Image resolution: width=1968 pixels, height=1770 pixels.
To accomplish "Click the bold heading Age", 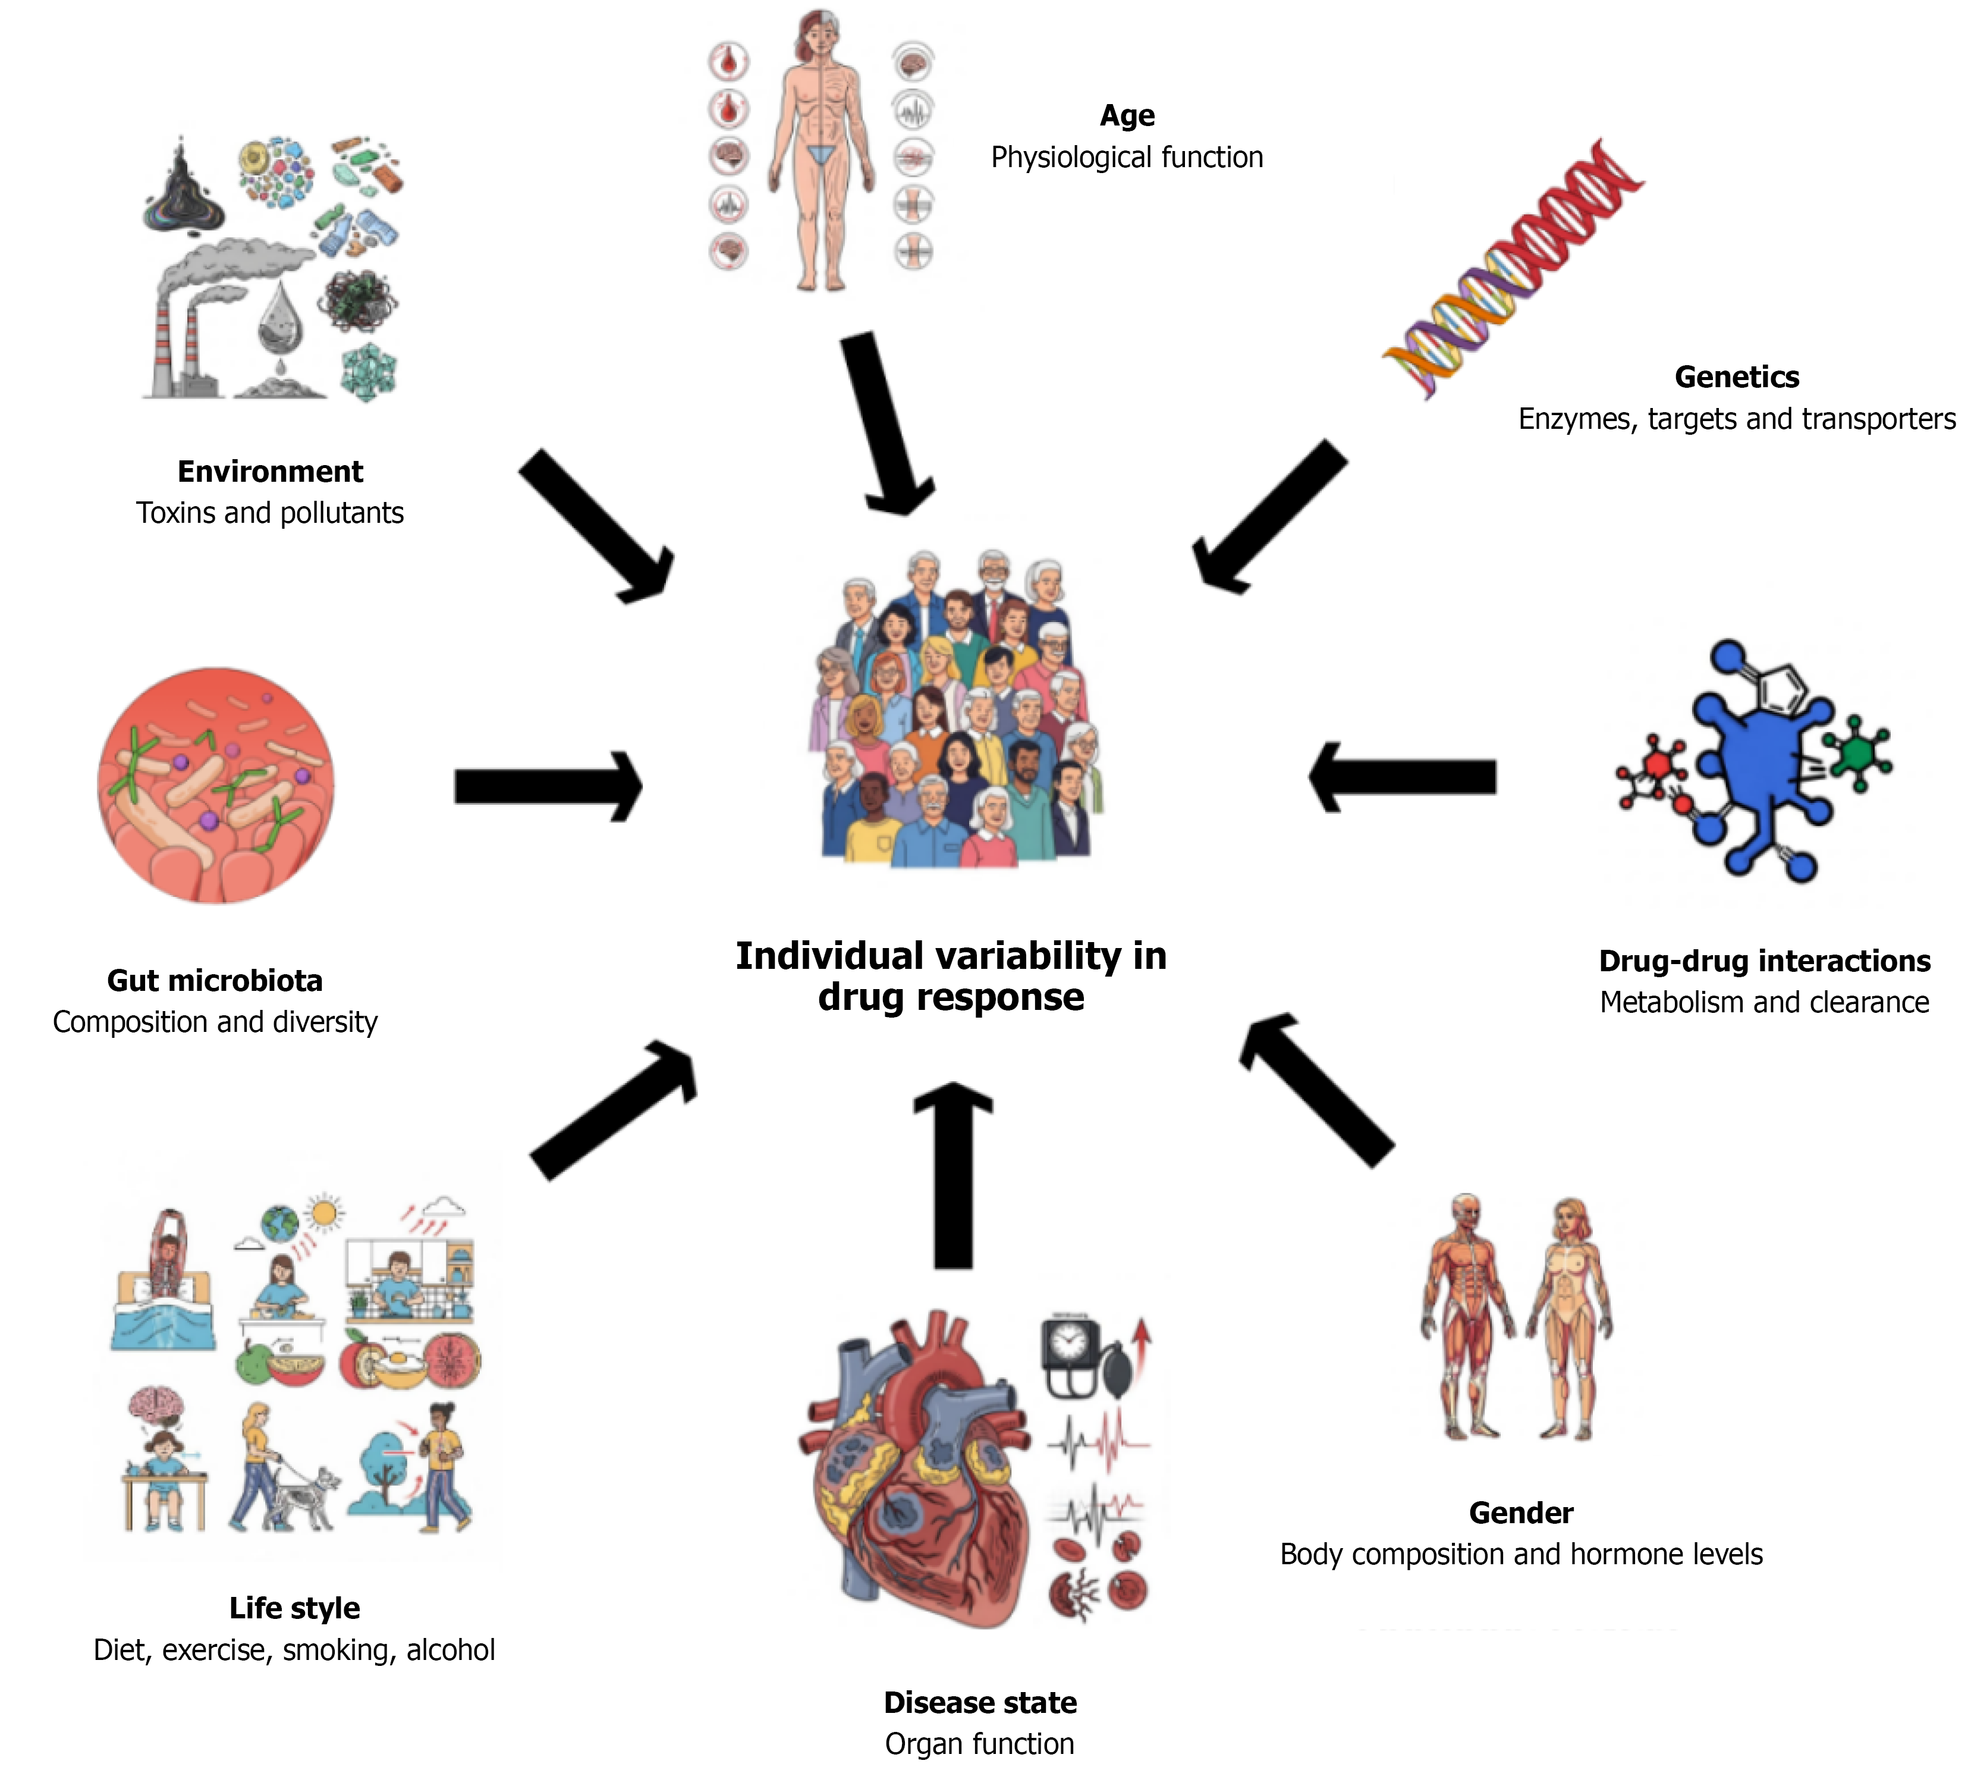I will click(x=1127, y=116).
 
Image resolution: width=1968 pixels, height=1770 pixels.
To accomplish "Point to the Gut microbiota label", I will click(x=215, y=980).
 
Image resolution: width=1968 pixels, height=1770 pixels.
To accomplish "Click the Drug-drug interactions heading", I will click(x=1764, y=961).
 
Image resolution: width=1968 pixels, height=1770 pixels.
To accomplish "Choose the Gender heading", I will click(x=1521, y=1513).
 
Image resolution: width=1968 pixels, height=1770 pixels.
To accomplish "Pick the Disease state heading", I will click(x=980, y=1703).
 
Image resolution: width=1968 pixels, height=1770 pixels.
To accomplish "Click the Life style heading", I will click(x=295, y=1609).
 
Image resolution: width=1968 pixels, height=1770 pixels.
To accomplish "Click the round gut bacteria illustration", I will click(x=216, y=785).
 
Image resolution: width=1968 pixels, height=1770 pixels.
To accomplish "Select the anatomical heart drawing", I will click(x=914, y=1468).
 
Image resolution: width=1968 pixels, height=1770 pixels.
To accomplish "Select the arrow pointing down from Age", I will click(x=885, y=423).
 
